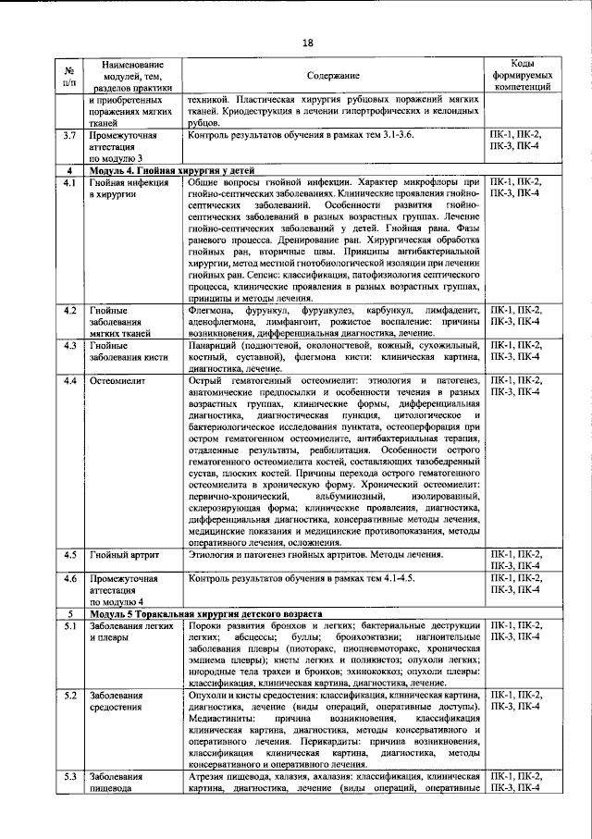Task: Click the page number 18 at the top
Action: [308, 42]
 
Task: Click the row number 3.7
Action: [69, 135]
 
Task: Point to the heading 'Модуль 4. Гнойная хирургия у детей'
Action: [166, 172]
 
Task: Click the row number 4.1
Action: [69, 184]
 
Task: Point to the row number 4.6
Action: [69, 578]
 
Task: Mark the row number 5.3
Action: [69, 776]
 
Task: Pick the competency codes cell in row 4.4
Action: [524, 386]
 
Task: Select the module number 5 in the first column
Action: [69, 614]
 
